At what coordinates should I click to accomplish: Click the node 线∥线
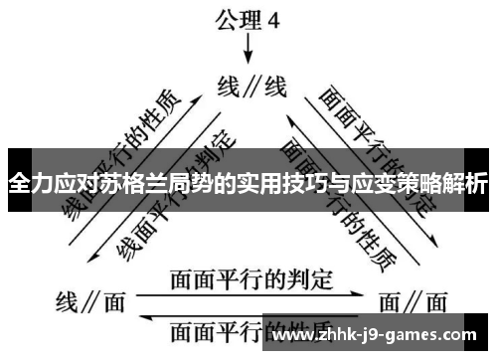tap(251, 88)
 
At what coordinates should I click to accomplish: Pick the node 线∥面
tap(82, 299)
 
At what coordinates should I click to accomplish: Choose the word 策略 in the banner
tap(416, 184)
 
